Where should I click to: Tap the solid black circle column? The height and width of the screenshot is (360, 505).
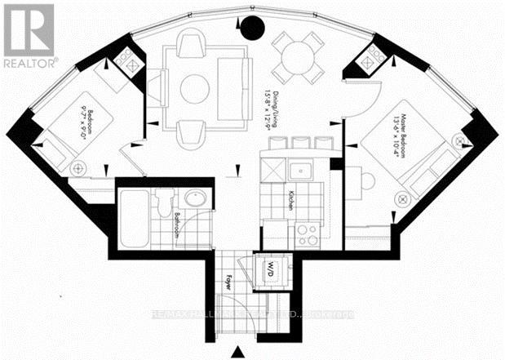pyautogui.click(x=253, y=29)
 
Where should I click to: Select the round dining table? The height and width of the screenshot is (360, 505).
pyautogui.click(x=295, y=56)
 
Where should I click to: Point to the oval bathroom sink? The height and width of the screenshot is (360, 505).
pyautogui.click(x=195, y=199)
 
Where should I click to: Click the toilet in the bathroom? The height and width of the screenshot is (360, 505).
pyautogui.click(x=165, y=202)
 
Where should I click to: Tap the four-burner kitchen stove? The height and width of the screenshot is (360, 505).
pyautogui.click(x=308, y=234)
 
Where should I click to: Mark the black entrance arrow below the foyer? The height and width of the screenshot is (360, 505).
pyautogui.click(x=238, y=352)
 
